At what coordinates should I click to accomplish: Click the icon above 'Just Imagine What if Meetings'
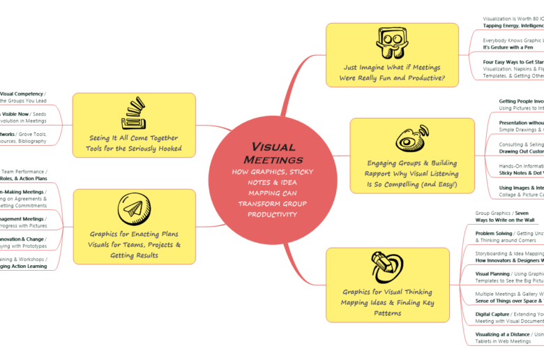(x=391, y=44)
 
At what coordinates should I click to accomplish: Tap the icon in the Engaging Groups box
(x=411, y=139)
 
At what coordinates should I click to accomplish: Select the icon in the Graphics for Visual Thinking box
(x=388, y=267)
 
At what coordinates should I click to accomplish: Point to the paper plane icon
(x=134, y=209)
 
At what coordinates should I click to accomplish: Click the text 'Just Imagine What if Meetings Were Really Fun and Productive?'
(x=391, y=73)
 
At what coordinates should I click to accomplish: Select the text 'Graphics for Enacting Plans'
(x=134, y=234)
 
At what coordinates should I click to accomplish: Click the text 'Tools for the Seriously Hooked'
(x=134, y=149)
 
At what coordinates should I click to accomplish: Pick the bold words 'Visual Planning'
(x=492, y=274)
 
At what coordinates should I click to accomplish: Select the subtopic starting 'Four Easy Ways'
(x=513, y=62)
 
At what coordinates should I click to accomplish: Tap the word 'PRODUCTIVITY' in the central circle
(x=273, y=214)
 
